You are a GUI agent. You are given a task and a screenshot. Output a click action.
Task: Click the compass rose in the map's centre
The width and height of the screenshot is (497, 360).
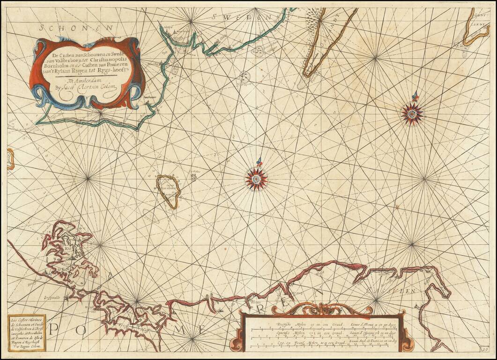click(256, 179)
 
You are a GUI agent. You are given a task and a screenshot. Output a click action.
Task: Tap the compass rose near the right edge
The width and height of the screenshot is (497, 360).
click(412, 112)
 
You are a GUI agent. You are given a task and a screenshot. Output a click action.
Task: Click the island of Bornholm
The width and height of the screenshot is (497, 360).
click(169, 190)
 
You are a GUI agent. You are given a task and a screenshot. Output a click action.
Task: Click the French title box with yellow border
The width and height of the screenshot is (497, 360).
click(26, 333)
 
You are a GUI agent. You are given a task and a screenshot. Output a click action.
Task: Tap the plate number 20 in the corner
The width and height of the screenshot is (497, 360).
click(487, 349)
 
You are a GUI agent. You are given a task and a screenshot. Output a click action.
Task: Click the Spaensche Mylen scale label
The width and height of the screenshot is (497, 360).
click(293, 333)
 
